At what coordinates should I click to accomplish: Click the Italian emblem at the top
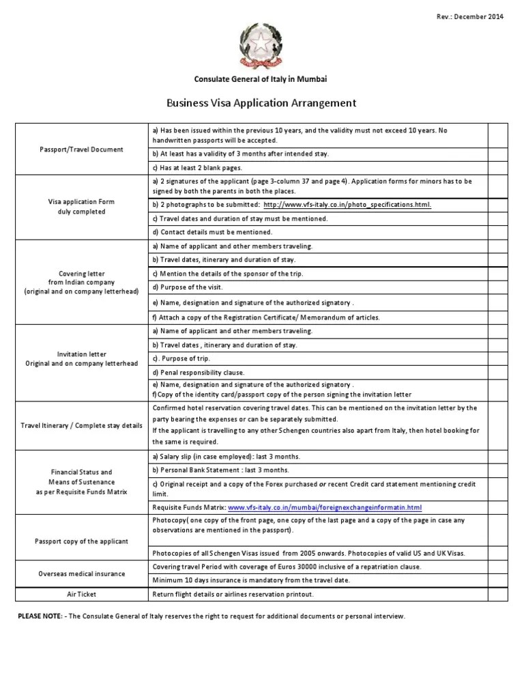(x=261, y=46)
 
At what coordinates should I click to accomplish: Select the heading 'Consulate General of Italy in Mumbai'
(x=261, y=79)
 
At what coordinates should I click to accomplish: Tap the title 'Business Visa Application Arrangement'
(x=261, y=103)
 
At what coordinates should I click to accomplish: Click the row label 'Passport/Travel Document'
(x=82, y=149)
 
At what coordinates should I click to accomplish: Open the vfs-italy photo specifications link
(x=347, y=205)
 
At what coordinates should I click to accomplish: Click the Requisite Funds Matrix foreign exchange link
(x=325, y=507)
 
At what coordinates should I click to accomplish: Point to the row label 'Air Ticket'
(x=82, y=594)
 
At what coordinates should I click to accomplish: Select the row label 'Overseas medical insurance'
(x=82, y=573)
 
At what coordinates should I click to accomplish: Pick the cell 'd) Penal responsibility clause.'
(x=199, y=373)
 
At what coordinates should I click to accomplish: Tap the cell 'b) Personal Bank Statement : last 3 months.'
(x=221, y=470)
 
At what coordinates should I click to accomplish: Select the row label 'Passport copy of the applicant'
(x=82, y=541)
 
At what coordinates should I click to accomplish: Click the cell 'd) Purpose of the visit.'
(x=188, y=287)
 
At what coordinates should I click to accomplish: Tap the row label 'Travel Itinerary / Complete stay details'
(x=82, y=425)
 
